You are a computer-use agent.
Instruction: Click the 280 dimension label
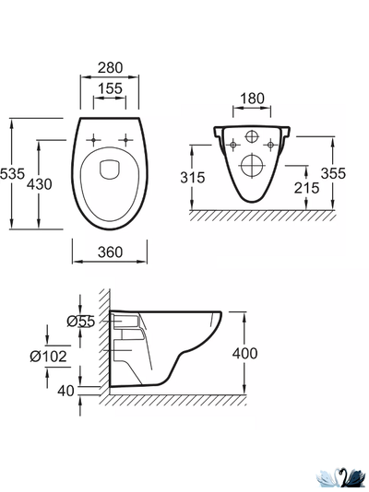110,68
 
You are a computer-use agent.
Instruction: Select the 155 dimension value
110,88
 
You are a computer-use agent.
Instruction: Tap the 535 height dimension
12,173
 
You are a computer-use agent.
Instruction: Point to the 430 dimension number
40,184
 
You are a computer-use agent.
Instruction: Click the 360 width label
110,252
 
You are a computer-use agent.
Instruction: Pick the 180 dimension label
252,99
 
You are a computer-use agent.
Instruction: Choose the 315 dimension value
193,178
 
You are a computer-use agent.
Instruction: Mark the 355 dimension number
333,173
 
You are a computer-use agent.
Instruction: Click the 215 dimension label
306,188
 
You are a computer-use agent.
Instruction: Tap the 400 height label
245,353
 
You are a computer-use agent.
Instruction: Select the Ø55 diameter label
80,322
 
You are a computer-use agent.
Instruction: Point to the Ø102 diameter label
48,357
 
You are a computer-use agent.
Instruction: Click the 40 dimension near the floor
65,391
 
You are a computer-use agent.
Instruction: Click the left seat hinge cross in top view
93,140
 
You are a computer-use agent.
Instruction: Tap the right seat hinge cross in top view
125,140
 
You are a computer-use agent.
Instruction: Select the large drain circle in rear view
252,165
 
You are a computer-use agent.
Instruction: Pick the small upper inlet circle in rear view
251,136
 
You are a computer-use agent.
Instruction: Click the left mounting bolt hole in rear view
233,145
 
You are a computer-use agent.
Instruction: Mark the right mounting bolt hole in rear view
270,145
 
